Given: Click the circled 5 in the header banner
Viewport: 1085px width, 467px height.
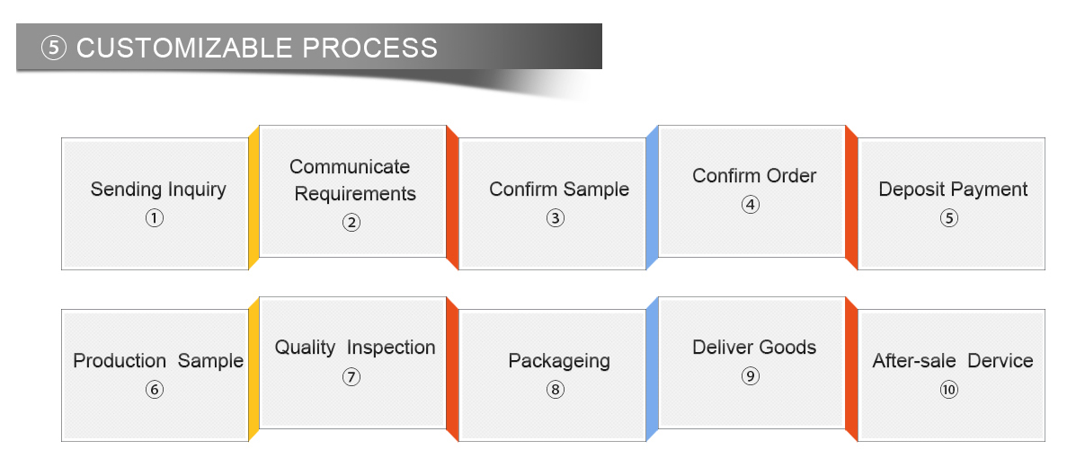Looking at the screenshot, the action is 53,48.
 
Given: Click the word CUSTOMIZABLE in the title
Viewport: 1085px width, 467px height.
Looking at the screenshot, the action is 184,48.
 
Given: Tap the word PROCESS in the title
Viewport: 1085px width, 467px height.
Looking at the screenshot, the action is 370,48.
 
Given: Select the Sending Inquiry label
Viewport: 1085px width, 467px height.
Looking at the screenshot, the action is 158,189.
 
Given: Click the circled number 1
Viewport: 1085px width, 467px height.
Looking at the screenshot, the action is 155,218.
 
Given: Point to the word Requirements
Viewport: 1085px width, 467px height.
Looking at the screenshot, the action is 355,194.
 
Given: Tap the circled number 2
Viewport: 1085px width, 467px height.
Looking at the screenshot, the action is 351,223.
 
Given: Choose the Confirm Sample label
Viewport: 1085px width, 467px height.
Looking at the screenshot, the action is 559,189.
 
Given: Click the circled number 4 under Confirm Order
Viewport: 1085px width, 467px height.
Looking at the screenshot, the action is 751,205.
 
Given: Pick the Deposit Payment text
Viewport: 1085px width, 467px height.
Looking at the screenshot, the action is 953,189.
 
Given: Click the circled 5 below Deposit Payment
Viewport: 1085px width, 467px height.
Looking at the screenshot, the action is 949,218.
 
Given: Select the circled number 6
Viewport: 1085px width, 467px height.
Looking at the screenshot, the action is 155,390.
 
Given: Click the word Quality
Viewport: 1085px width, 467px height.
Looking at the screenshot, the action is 305,348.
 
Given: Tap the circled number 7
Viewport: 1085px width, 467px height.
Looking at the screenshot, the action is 351,376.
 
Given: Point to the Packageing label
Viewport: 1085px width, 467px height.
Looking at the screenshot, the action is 559,362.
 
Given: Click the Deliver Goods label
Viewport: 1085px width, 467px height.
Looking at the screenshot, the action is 754,348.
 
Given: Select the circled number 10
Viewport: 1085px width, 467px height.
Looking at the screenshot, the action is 949,390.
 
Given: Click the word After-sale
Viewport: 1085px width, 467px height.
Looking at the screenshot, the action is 914,361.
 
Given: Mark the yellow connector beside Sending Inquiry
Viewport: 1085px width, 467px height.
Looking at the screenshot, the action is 253,198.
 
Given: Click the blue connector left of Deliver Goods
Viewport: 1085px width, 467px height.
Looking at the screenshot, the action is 652,369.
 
